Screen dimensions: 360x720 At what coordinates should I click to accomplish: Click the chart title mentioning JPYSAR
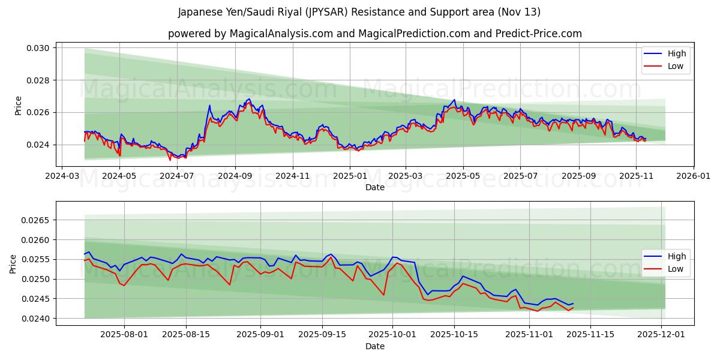coord(359,12)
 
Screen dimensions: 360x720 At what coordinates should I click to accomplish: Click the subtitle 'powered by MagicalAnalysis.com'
coord(374,34)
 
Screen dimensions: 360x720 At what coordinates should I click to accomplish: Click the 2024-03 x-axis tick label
coord(62,176)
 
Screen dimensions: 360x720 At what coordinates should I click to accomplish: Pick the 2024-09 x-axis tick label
coord(235,176)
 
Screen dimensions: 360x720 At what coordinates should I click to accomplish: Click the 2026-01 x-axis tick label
coord(693,176)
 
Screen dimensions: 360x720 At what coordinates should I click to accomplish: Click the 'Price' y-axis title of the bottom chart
coord(13,263)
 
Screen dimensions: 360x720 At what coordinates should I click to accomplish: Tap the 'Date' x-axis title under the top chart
coord(374,187)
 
